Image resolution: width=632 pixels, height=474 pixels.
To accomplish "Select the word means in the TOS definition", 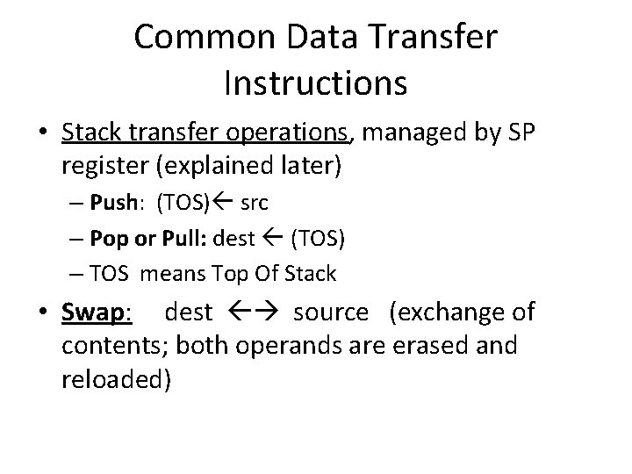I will point(172,274).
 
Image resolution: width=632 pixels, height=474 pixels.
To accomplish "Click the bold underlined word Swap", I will point(94,312).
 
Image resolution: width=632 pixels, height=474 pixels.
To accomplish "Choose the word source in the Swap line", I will point(332,312).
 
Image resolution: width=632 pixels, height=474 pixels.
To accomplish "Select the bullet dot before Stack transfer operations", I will point(43,133).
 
